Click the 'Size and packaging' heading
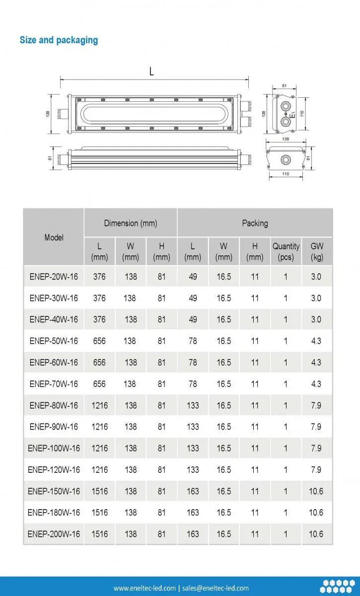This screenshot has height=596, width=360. (59, 40)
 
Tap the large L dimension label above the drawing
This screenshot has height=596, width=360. (151, 72)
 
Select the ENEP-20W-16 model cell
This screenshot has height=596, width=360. (54, 277)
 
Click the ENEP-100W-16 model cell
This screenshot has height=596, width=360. (54, 448)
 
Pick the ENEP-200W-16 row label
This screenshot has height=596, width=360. (54, 534)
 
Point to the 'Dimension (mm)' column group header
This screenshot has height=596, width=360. (131, 223)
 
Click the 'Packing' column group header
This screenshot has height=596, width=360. (255, 223)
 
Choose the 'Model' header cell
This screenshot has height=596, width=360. (54, 237)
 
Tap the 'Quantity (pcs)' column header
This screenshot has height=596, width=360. (286, 251)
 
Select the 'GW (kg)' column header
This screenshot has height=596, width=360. (317, 251)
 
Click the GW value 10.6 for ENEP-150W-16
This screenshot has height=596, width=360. (316, 491)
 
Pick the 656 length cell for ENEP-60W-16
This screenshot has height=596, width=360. (99, 363)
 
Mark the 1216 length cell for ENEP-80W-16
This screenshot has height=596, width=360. (99, 405)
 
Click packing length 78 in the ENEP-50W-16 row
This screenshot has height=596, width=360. (193, 341)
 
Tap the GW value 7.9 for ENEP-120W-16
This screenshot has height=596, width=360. (316, 470)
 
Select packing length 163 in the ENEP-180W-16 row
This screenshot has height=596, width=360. (193, 513)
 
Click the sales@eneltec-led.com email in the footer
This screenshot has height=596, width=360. (216, 588)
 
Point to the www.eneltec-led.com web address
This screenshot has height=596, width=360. (144, 588)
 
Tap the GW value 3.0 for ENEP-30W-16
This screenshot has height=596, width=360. (316, 298)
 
